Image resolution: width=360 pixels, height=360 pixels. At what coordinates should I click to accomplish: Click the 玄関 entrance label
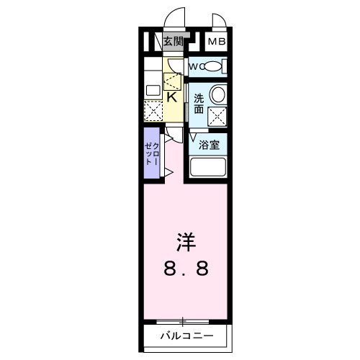(172, 42)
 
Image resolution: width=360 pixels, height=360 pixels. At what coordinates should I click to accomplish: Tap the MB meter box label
(217, 42)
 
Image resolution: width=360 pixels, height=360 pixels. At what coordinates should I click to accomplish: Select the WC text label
(195, 67)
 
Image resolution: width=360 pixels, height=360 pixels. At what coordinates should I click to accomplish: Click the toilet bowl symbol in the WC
(213, 67)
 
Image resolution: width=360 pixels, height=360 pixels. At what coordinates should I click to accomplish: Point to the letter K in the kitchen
(172, 96)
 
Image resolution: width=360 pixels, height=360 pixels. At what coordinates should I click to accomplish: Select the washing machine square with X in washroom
(217, 115)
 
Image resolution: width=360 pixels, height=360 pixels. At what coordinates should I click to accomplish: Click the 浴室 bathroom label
(210, 145)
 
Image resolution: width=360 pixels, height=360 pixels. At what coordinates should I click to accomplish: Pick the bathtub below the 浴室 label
(209, 168)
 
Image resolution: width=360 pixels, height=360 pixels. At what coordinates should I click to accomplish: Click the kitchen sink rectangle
(153, 91)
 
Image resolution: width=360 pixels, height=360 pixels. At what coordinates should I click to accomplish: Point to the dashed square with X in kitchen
(153, 110)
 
